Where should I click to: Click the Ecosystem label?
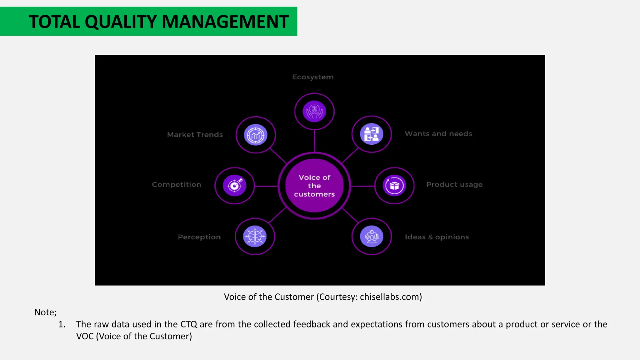click(x=313, y=77)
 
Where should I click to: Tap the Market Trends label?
click(x=195, y=135)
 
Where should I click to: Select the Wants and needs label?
click(x=438, y=134)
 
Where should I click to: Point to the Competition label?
click(x=177, y=185)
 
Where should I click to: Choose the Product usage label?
click(x=454, y=185)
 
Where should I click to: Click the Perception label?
click(x=199, y=237)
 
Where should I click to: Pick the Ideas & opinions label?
click(x=437, y=237)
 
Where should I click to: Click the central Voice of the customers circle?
click(x=314, y=186)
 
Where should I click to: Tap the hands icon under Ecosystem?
click(x=314, y=111)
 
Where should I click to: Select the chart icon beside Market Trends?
click(x=256, y=135)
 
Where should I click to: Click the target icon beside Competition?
click(x=235, y=186)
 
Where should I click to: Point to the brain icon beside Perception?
click(x=255, y=237)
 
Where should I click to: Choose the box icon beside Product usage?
click(x=394, y=186)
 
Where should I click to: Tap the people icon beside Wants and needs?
click(x=372, y=134)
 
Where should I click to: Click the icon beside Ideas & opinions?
click(x=372, y=237)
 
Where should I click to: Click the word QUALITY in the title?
click(x=120, y=22)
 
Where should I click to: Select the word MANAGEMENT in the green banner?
click(x=225, y=22)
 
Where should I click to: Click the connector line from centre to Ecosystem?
click(x=314, y=141)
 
